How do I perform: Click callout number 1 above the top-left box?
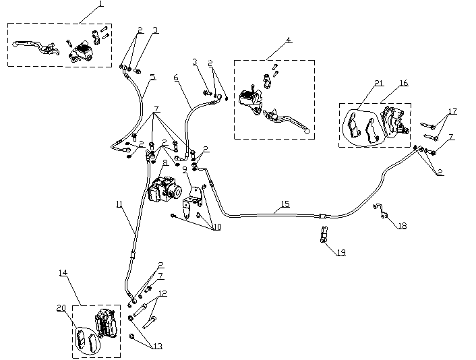(100, 4)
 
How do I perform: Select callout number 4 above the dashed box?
(289, 40)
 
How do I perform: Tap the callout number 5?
(152, 77)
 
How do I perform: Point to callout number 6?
(176, 78)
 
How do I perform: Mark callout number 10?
(216, 227)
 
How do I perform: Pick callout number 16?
(403, 83)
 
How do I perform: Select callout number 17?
(452, 111)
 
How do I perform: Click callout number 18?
(403, 227)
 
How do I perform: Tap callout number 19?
(340, 252)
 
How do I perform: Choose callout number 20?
(61, 307)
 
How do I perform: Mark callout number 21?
(379, 83)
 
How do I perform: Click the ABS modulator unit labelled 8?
(165, 189)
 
